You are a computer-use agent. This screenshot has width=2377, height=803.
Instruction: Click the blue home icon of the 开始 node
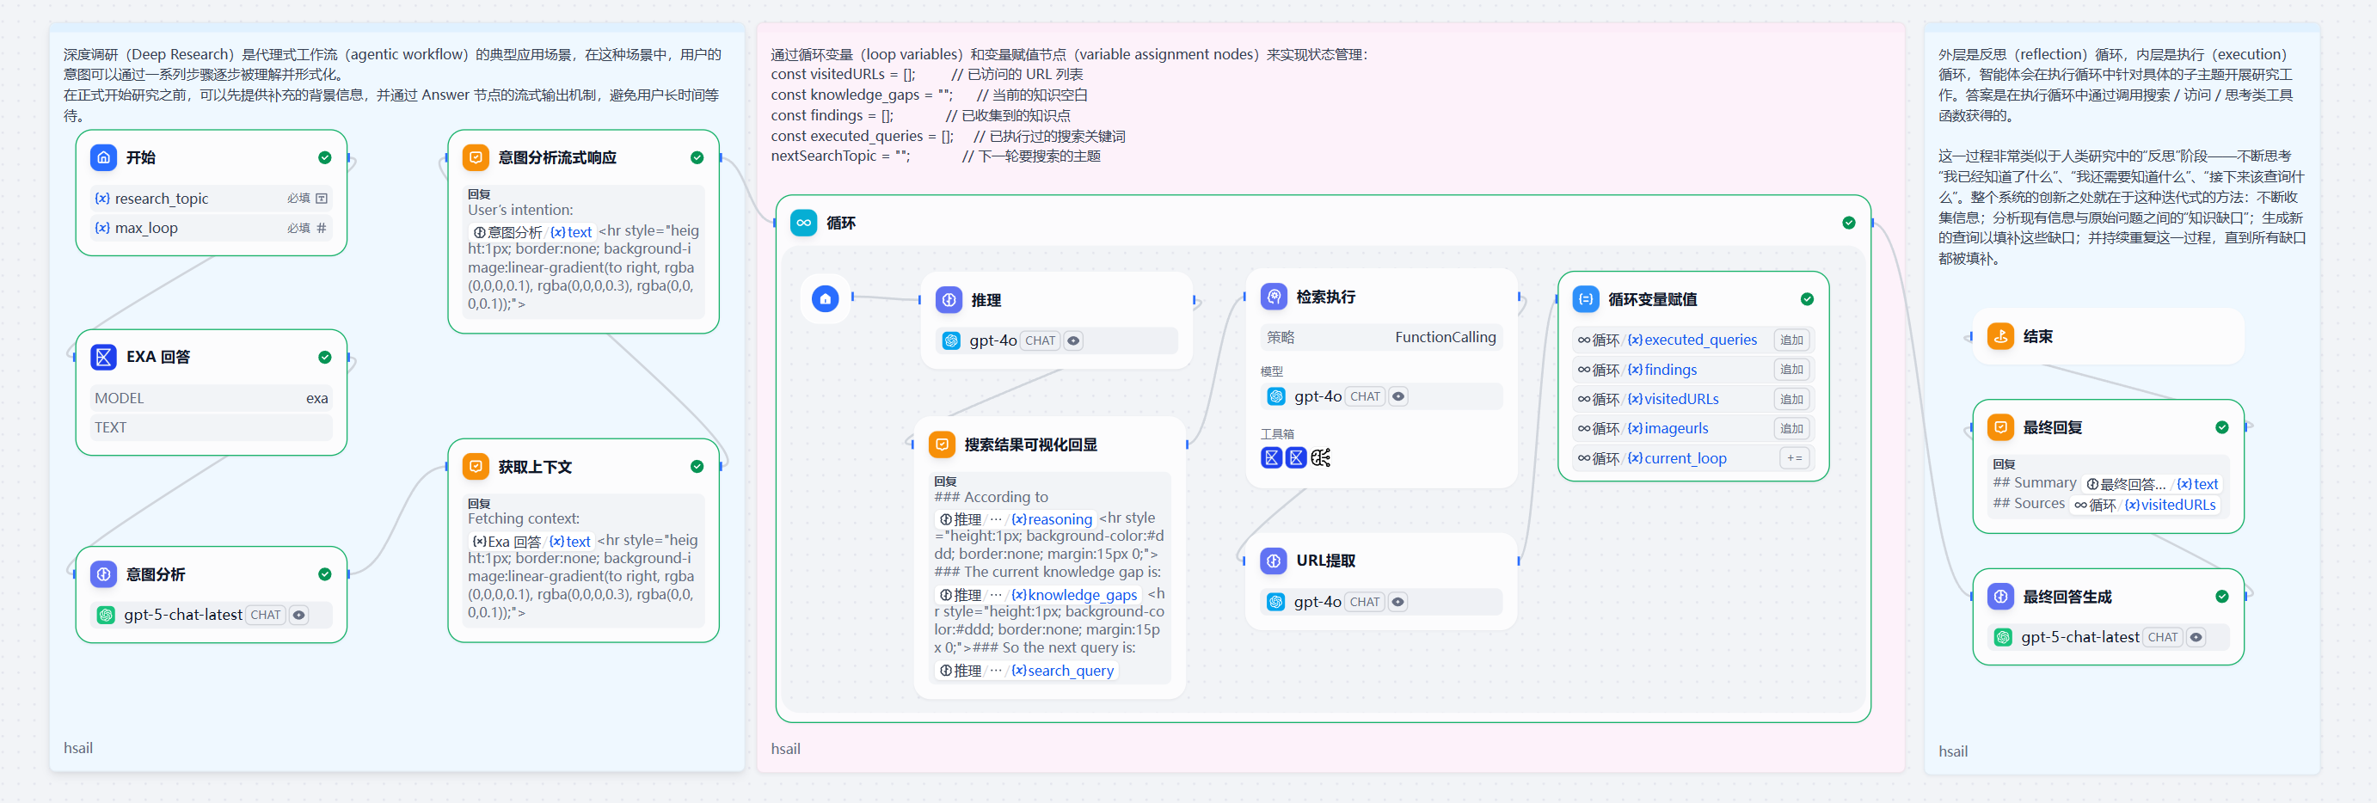(x=103, y=157)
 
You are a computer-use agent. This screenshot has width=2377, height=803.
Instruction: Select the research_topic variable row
(x=212, y=199)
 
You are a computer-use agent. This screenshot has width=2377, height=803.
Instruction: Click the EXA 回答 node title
(x=157, y=356)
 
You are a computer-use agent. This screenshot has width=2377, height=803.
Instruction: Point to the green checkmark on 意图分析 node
(x=325, y=574)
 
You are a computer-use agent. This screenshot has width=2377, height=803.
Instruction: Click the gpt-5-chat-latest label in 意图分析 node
(x=182, y=615)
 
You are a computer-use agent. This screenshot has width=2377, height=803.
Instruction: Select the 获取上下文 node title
(x=534, y=467)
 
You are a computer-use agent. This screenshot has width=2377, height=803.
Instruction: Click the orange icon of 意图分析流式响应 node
(x=476, y=157)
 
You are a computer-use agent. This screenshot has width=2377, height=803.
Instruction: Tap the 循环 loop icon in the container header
(x=804, y=223)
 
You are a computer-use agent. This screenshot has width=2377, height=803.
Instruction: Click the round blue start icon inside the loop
(x=825, y=298)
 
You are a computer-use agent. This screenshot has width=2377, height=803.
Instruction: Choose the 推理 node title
(x=986, y=300)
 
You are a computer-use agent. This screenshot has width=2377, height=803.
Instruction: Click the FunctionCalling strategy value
(x=1445, y=337)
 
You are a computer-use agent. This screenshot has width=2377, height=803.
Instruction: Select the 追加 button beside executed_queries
(x=1792, y=340)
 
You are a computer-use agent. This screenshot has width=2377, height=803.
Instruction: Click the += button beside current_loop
(x=1794, y=457)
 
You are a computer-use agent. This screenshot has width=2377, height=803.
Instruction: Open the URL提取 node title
(x=1325, y=561)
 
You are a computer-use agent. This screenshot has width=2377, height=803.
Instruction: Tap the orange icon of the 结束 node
(x=2000, y=336)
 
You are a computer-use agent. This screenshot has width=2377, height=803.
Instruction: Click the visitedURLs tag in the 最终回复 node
(x=2170, y=505)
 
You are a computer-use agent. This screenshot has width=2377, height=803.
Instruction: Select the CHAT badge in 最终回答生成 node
(x=2162, y=637)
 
